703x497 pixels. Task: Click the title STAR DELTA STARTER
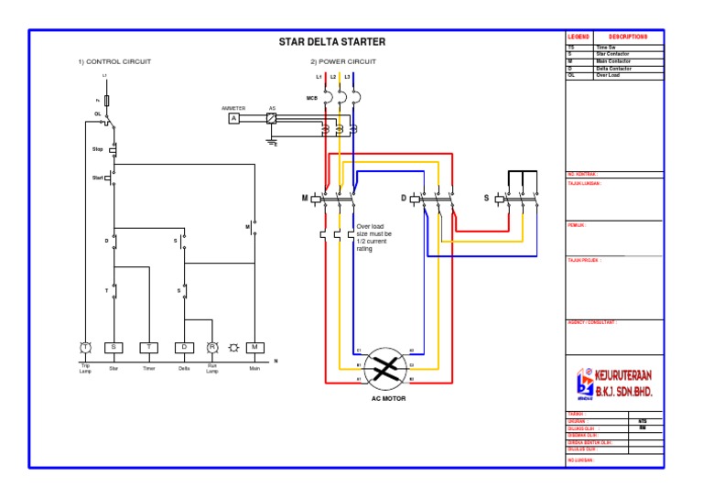(x=331, y=42)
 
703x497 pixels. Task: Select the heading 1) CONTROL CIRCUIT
(x=114, y=61)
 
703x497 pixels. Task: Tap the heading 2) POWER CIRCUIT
(x=342, y=61)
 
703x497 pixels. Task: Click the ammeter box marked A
(x=233, y=118)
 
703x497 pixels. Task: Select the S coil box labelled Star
(x=114, y=348)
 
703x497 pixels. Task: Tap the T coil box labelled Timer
(x=148, y=348)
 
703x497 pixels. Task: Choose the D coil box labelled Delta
(x=184, y=348)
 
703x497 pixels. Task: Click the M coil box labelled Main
(x=254, y=348)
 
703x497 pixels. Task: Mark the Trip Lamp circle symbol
(x=84, y=348)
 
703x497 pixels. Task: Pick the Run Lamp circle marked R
(x=211, y=348)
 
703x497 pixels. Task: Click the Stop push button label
(x=97, y=148)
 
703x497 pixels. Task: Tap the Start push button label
(x=97, y=178)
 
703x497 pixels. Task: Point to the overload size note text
(x=373, y=237)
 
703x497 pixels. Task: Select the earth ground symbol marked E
(x=271, y=142)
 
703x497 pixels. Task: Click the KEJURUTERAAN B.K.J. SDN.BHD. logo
(x=615, y=384)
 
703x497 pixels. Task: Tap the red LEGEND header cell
(x=579, y=36)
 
